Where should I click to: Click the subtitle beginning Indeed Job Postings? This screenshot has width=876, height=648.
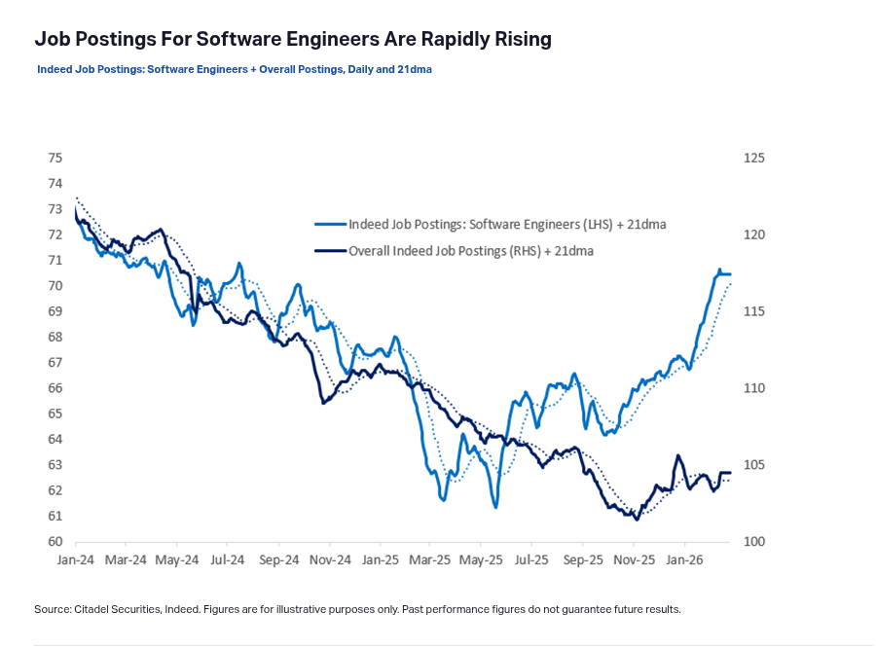tap(234, 70)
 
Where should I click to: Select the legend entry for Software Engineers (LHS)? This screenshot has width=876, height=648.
tap(506, 225)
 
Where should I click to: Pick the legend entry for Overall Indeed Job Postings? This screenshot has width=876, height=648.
tap(471, 251)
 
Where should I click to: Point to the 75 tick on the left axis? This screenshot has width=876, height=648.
tap(55, 158)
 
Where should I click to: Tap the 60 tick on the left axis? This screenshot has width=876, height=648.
tap(55, 542)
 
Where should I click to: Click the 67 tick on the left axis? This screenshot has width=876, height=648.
tap(55, 363)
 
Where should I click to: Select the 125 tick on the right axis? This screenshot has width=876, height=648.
tap(753, 158)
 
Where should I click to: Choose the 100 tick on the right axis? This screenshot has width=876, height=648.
tap(753, 542)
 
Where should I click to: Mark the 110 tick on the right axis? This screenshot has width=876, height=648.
tap(753, 388)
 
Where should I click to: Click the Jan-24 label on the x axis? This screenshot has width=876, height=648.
tap(76, 560)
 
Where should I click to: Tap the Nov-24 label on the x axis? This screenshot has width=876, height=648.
tap(329, 560)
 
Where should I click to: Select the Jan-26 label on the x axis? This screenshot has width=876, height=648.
tap(683, 560)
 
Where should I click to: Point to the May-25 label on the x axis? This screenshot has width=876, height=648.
tap(481, 560)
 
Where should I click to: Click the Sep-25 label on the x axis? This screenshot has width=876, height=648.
tap(582, 560)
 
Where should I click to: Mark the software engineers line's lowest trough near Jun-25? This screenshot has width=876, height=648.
tap(495, 507)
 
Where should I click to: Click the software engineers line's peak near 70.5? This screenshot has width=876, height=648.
tap(720, 270)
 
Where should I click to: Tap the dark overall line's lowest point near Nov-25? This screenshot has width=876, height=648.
tap(637, 520)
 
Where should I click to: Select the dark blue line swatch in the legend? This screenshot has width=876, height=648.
tap(329, 251)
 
